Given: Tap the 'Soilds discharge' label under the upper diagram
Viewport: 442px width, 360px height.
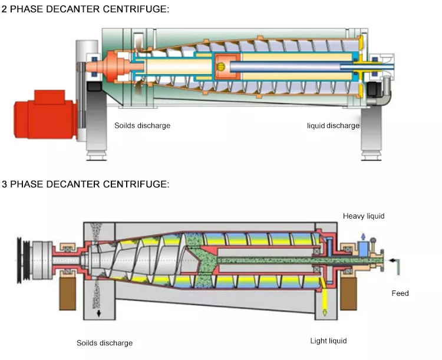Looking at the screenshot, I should [x=142, y=125].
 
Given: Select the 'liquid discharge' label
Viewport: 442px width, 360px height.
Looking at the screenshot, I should [x=333, y=125].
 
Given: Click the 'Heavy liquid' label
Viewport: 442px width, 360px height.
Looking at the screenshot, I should [x=364, y=216].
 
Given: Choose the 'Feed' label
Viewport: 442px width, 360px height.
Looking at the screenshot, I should [x=400, y=293].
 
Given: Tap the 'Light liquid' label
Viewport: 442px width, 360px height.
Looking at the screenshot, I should [x=328, y=341].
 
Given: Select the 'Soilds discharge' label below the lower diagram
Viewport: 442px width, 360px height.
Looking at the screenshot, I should [x=104, y=343].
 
